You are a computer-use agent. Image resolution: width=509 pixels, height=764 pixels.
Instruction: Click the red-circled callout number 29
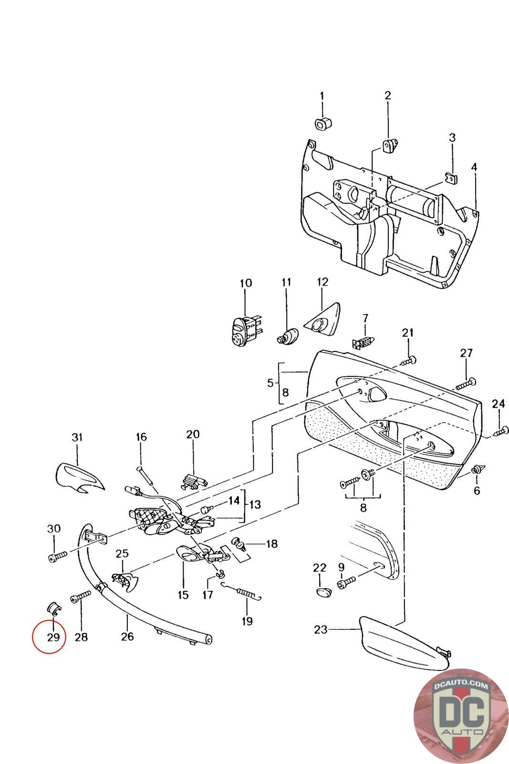(53, 637)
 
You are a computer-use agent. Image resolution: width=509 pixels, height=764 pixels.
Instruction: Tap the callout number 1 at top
(322, 96)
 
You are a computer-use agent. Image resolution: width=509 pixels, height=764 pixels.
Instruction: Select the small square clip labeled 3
(452, 178)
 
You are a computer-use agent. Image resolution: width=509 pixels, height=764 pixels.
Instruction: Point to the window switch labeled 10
(246, 330)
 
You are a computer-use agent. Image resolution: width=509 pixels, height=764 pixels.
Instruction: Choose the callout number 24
(498, 404)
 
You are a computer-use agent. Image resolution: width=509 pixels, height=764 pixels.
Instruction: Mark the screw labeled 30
(58, 557)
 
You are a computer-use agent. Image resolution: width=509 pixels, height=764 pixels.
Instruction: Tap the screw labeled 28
(81, 598)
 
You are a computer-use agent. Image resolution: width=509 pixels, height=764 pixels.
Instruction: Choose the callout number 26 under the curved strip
(127, 636)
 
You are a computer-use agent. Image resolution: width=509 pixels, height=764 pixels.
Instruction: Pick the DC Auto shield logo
(461, 716)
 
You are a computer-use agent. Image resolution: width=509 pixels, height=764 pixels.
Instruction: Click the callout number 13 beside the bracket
(255, 504)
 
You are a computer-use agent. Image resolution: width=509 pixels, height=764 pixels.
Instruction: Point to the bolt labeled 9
(346, 582)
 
